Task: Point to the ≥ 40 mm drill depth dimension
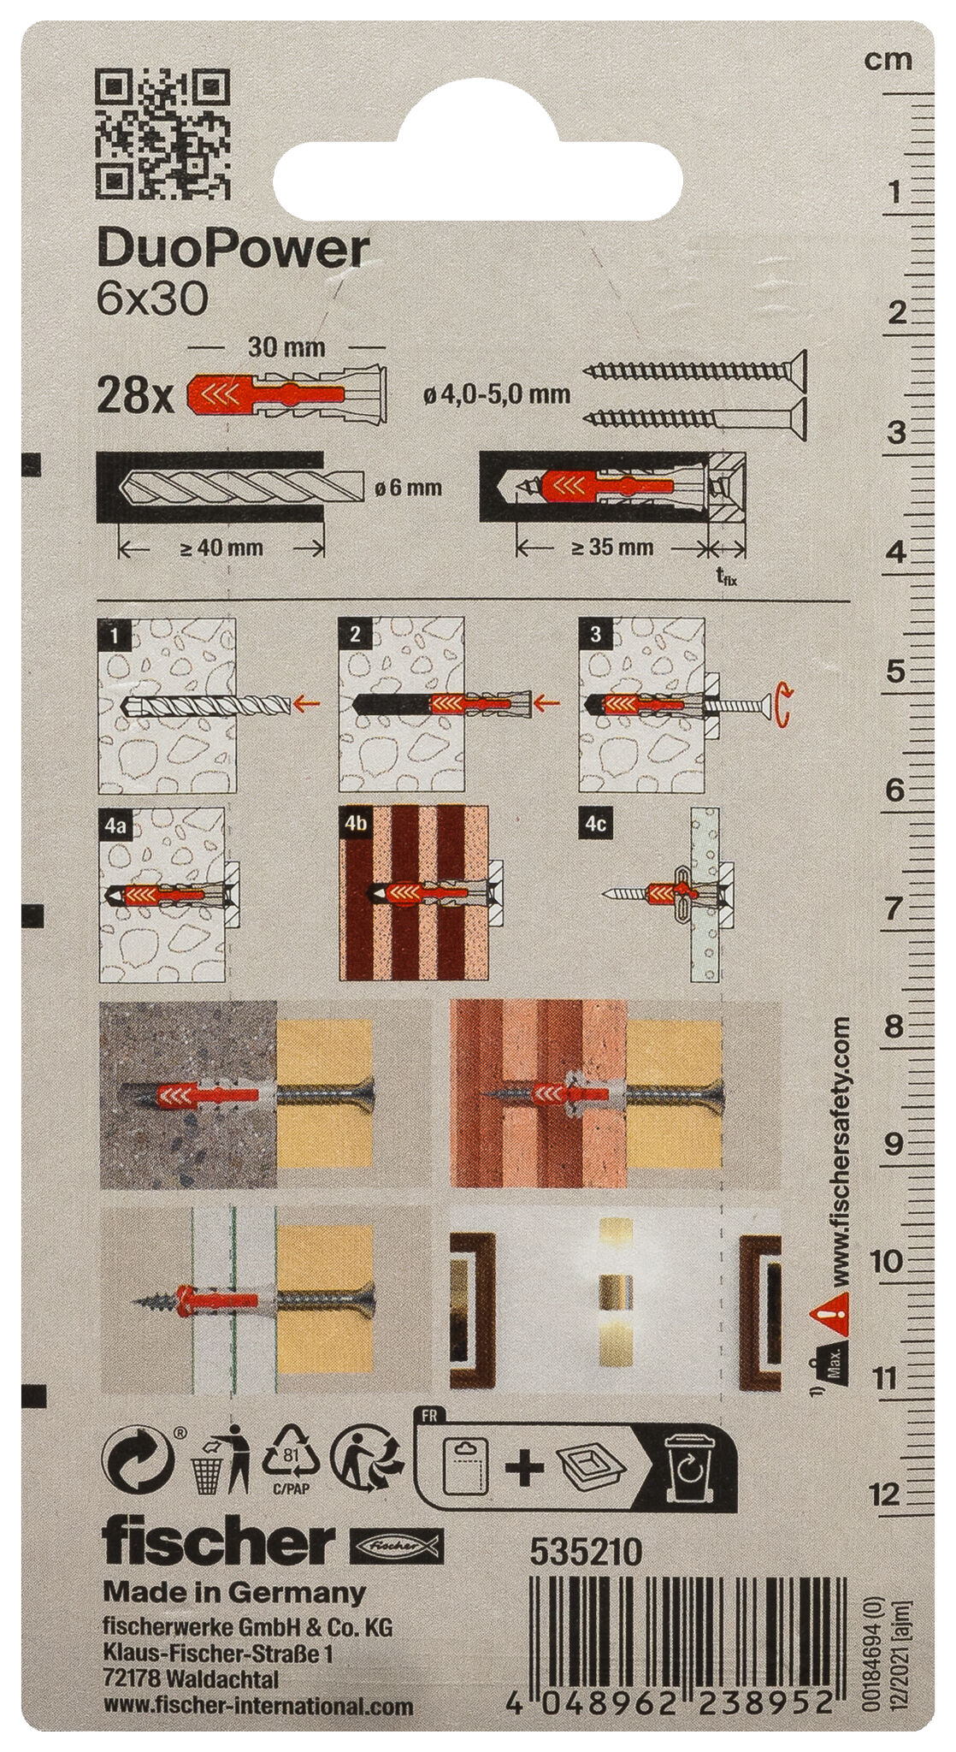[x=221, y=548]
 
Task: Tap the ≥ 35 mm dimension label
[x=611, y=547]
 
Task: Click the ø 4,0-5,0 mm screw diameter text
[x=497, y=394]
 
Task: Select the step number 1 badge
[x=114, y=634]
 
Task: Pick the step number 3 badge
[x=594, y=634]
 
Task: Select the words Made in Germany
[x=234, y=1569]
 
